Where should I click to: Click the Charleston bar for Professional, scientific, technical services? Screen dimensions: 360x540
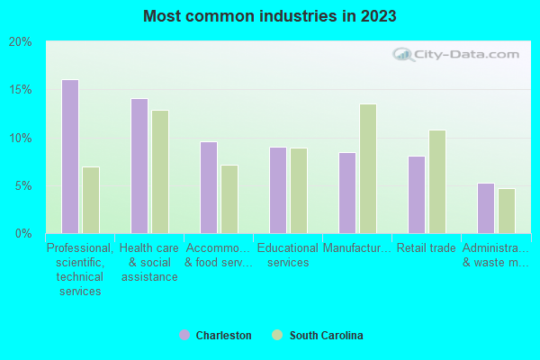pyautogui.click(x=70, y=157)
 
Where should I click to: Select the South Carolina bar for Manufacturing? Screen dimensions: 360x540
pyautogui.click(x=368, y=168)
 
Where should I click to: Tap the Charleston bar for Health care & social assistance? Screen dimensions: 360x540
pyautogui.click(x=139, y=166)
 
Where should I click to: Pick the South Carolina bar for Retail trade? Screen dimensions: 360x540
pyautogui.click(x=437, y=182)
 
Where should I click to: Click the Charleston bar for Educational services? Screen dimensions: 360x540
pyautogui.click(x=278, y=190)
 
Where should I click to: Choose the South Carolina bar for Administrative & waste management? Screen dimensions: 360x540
pyautogui.click(x=507, y=211)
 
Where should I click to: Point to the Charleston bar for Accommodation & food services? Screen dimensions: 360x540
pyautogui.click(x=209, y=187)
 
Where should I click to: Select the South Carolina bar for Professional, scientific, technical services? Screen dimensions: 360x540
pyautogui.click(x=91, y=200)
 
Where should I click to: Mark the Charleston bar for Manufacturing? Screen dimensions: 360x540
pyautogui.click(x=347, y=193)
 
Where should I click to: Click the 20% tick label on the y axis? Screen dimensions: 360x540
pyautogui.click(x=20, y=42)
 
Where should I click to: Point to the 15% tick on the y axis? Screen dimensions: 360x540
pyautogui.click(x=20, y=90)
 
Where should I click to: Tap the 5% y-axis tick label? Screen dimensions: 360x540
pyautogui.click(x=22, y=186)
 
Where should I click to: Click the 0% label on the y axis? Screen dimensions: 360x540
pyautogui.click(x=22, y=234)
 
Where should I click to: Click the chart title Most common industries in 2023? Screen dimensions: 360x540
pyautogui.click(x=269, y=16)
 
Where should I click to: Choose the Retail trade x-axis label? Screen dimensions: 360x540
pyautogui.click(x=427, y=248)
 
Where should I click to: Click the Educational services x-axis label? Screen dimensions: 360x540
pyautogui.click(x=288, y=256)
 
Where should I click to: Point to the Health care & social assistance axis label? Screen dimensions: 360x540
pyautogui.click(x=149, y=262)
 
